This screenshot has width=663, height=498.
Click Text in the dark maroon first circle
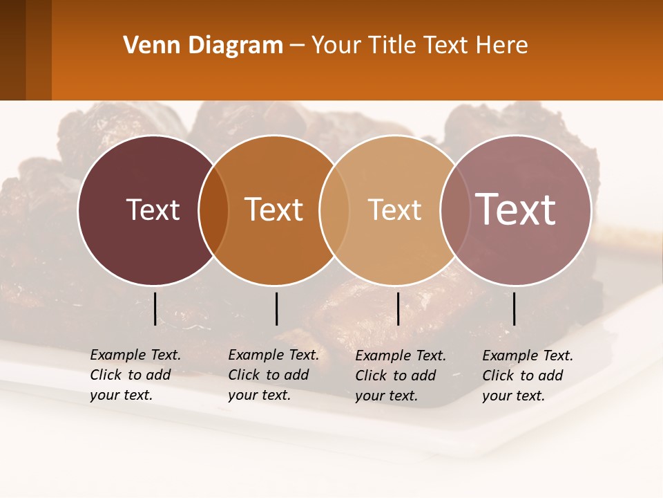(x=153, y=210)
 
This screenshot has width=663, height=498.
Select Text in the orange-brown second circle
(x=274, y=210)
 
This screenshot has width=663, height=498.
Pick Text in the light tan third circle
(x=394, y=210)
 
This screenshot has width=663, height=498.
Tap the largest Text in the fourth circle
(x=516, y=210)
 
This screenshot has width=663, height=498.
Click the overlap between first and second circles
(x=213, y=210)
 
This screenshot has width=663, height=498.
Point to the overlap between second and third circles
(x=334, y=210)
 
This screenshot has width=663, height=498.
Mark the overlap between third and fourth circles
(x=454, y=210)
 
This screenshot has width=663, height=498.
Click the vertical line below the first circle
(x=155, y=308)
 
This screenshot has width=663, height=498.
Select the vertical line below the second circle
(x=276, y=308)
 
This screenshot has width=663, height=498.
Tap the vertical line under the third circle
(x=398, y=308)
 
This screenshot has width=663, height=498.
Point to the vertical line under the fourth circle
(x=514, y=308)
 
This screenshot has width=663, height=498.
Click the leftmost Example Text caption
(x=135, y=375)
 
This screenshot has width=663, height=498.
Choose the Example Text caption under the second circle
(x=273, y=375)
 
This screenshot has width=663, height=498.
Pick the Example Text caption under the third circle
(x=401, y=376)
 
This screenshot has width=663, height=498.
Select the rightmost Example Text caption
(x=528, y=376)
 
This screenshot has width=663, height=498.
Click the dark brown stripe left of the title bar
(x=12, y=50)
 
